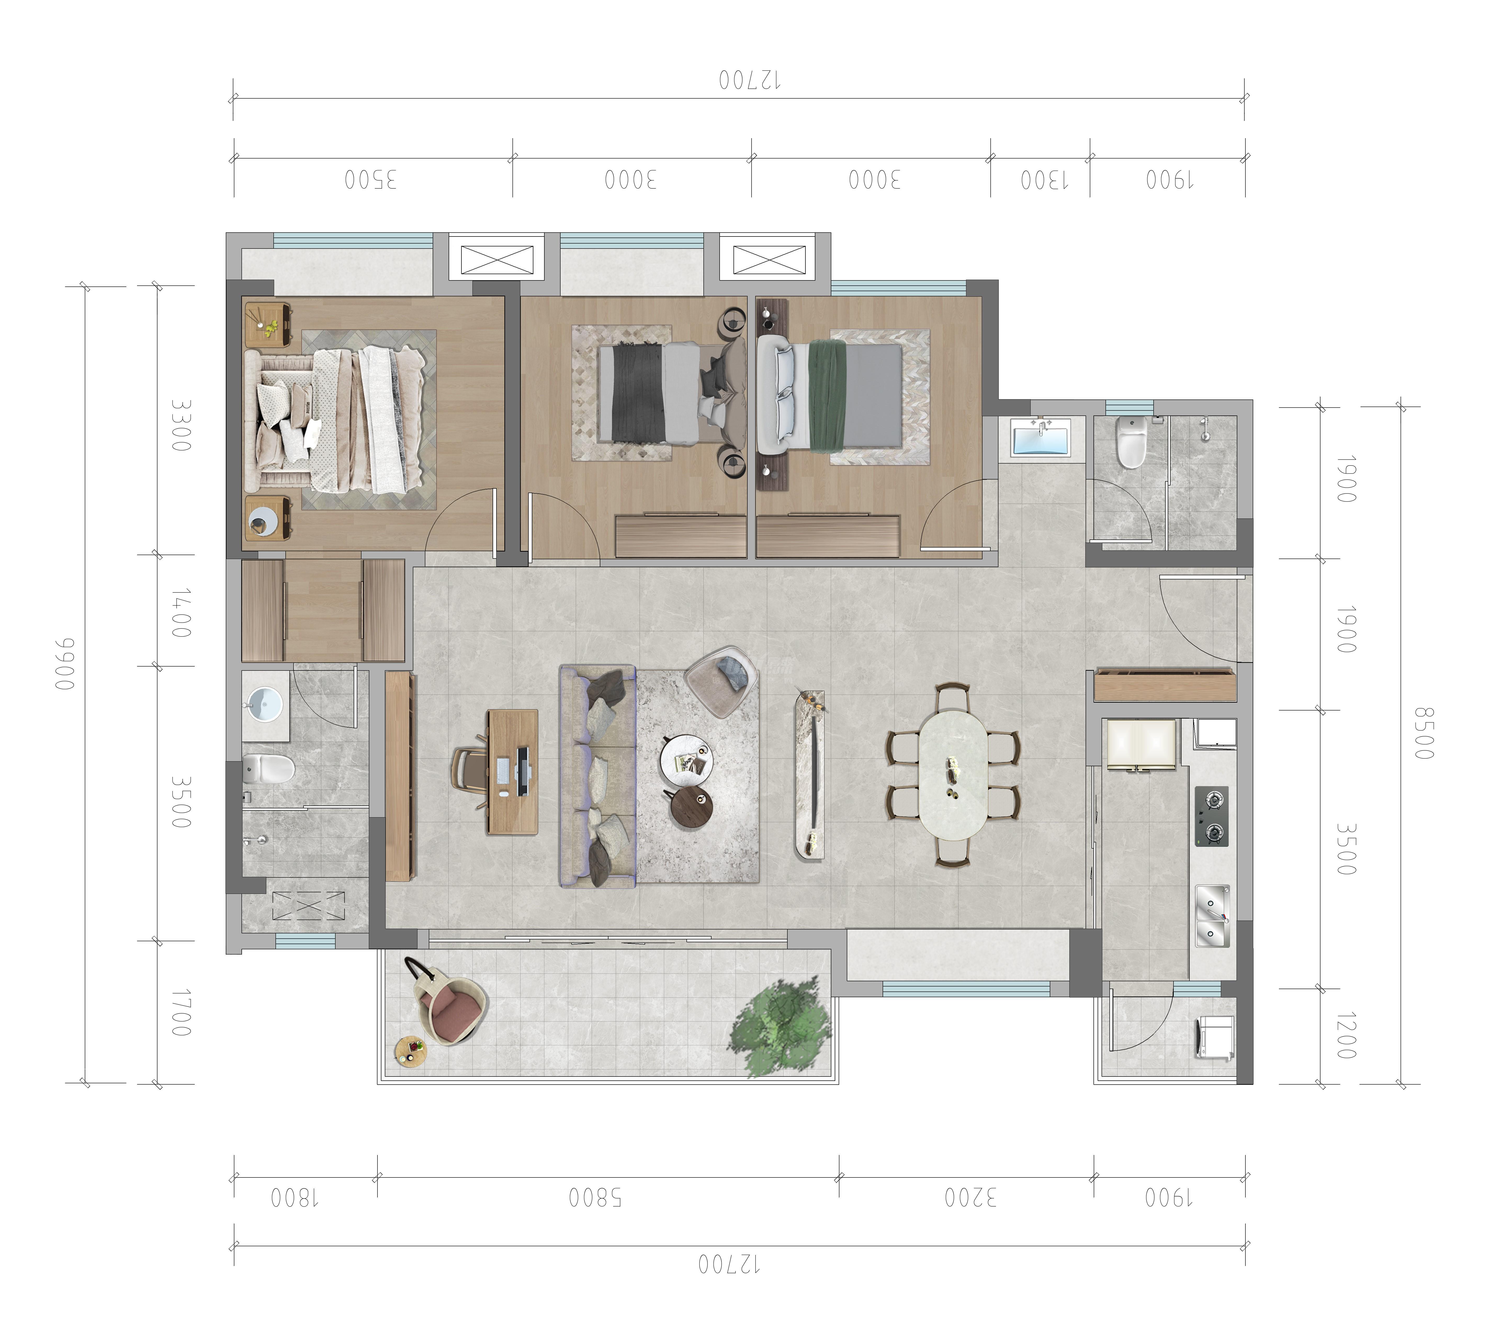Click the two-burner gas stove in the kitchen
tap(1211, 816)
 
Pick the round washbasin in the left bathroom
tap(264, 704)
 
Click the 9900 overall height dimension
tap(66, 664)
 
